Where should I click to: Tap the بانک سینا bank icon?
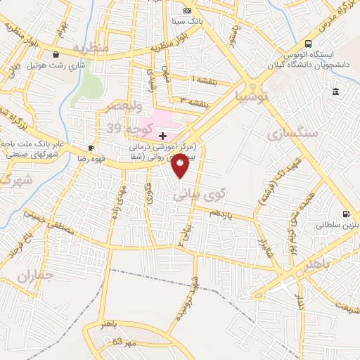point(186,11)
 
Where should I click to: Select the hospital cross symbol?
point(162,135)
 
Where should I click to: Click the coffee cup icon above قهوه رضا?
point(91,148)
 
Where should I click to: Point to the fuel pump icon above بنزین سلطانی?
point(345,214)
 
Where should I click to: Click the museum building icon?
point(336,92)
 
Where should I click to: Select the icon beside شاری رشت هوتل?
point(54,53)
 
